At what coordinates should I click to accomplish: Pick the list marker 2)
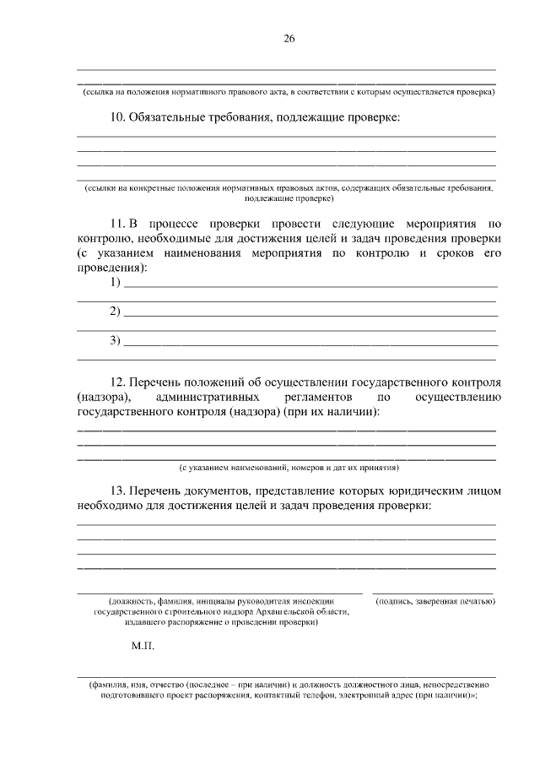point(116,312)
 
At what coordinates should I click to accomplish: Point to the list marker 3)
point(116,341)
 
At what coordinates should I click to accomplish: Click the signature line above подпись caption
point(433,593)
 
